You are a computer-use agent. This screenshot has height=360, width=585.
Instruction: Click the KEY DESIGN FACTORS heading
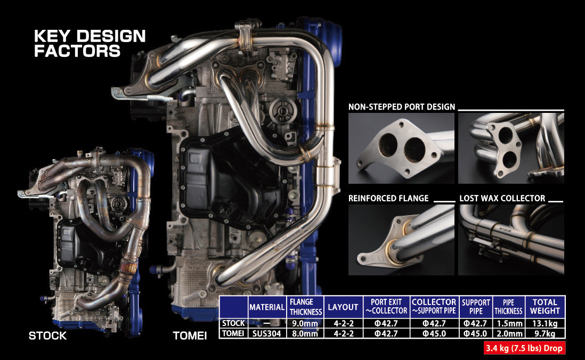click(90, 44)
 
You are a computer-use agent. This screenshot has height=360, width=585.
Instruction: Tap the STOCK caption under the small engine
click(47, 336)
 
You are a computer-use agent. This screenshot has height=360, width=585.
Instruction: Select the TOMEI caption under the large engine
click(190, 336)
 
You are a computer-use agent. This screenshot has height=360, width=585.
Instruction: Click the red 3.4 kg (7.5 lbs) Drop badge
click(524, 349)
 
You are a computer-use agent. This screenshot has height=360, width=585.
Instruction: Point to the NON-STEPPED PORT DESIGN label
click(402, 107)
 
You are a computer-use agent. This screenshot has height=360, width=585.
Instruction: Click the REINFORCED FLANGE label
click(388, 199)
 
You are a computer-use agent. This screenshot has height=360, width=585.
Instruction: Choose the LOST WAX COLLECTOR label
click(502, 199)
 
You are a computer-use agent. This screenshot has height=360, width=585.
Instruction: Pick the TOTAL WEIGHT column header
click(545, 306)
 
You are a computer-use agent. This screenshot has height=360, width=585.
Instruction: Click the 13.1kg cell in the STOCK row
click(545, 323)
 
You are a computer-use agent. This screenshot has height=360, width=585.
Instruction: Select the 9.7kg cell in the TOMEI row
click(545, 333)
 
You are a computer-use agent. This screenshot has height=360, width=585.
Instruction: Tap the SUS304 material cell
click(267, 333)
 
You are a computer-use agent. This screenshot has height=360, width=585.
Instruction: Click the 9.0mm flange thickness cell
click(305, 323)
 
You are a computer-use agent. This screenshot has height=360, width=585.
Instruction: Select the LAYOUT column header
click(343, 307)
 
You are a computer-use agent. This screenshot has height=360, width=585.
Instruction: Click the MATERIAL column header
click(267, 307)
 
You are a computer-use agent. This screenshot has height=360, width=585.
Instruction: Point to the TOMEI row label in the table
click(233, 333)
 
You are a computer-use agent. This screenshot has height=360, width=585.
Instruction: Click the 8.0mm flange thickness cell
click(305, 333)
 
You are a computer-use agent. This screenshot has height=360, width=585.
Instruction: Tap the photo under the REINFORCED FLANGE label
click(401, 240)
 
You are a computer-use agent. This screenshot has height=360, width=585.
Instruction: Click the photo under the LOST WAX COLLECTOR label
click(511, 240)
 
